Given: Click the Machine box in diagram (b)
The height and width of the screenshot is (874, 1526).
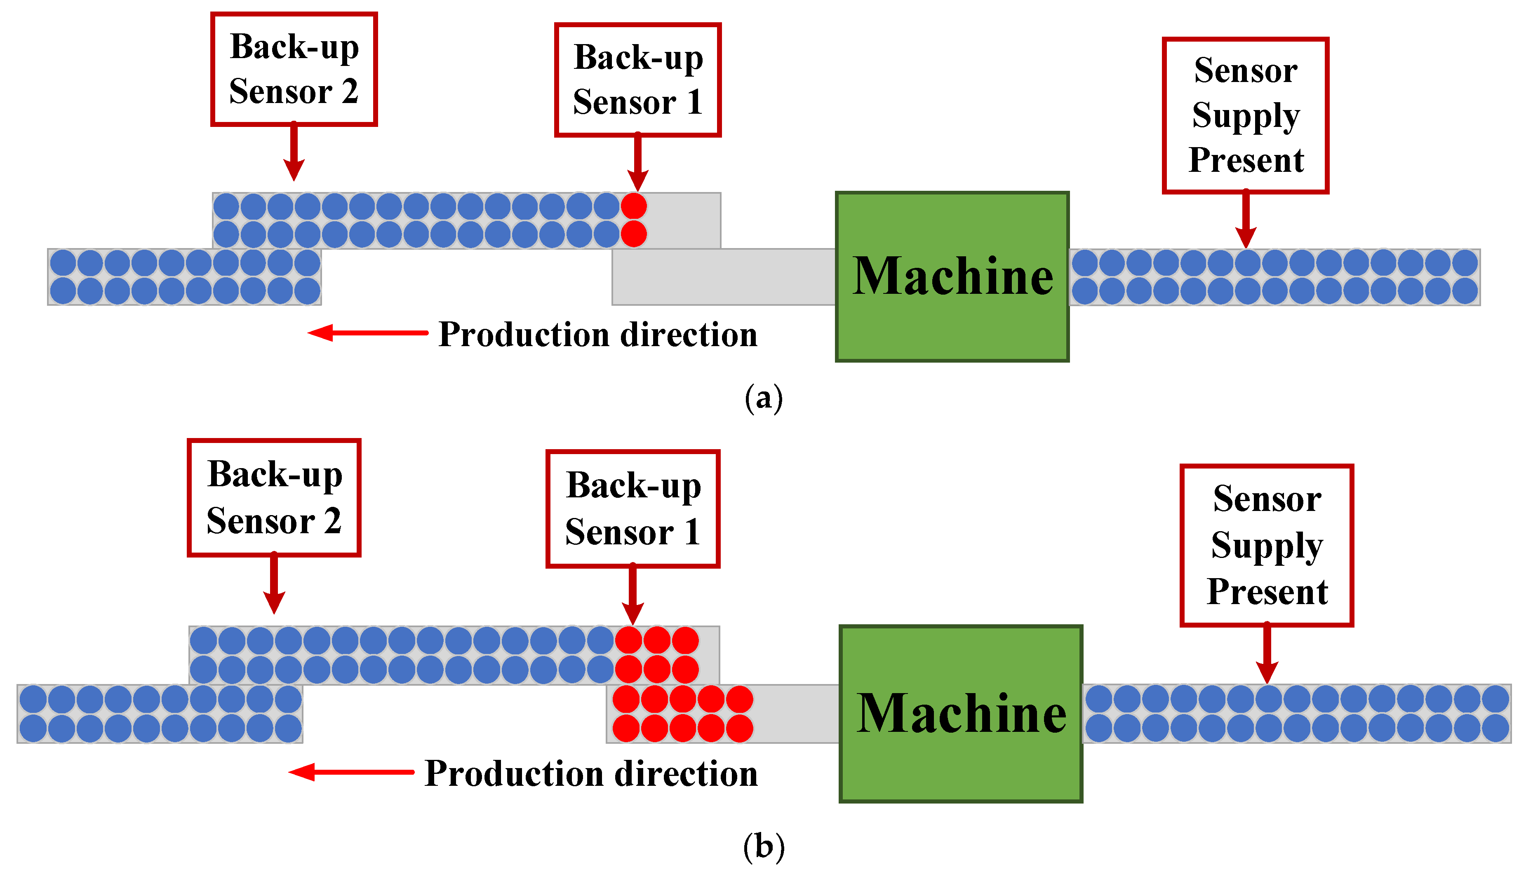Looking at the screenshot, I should pos(960,713).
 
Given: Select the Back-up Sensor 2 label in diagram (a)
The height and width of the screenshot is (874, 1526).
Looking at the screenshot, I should pos(294,69).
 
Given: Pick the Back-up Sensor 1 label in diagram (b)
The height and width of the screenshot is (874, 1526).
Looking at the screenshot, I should pos(633,508).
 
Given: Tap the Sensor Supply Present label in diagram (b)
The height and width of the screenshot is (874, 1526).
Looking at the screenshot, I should pos(1267,545).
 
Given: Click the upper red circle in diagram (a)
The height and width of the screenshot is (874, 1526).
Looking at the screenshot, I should pos(634,206).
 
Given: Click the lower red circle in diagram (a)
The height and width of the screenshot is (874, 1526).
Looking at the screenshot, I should pos(634,234).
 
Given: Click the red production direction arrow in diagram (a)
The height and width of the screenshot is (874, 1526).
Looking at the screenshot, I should pos(367,333).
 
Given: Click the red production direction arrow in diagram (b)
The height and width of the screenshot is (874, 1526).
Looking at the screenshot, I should pos(351,772).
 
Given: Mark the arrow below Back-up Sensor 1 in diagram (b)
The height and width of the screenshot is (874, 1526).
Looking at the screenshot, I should pos(633,594).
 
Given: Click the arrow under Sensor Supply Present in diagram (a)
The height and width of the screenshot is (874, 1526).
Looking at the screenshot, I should pos(1246,219).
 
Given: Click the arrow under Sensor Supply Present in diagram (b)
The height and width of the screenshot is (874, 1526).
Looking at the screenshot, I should pos(1267,653).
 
